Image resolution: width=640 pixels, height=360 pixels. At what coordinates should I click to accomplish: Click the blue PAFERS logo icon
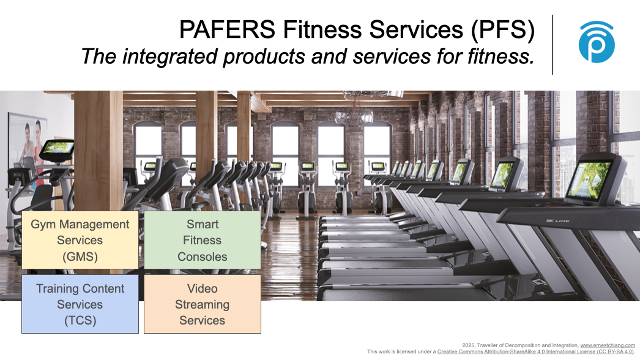coord(597,42)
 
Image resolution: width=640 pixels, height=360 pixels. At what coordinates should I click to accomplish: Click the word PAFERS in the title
coord(228,29)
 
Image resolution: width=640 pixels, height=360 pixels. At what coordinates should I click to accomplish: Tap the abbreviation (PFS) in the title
coord(502,30)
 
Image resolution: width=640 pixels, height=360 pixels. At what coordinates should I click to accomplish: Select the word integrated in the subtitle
coord(172,56)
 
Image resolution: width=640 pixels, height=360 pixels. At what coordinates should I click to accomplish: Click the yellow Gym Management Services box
coord(80,240)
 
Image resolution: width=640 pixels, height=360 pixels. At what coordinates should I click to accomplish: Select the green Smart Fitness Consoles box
coord(203,240)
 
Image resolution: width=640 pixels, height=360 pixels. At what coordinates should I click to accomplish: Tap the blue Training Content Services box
coord(80,304)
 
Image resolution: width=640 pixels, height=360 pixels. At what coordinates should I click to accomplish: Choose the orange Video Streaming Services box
coord(203,304)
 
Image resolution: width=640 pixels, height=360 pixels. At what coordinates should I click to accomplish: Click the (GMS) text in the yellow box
coord(80,257)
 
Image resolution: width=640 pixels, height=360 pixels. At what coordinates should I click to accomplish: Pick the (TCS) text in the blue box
coord(80,320)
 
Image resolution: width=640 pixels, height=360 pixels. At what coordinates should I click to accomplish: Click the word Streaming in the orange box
coord(203,305)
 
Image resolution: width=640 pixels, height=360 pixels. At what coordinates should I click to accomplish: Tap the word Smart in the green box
coord(203,224)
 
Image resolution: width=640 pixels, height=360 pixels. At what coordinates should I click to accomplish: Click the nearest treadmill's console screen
coord(589,180)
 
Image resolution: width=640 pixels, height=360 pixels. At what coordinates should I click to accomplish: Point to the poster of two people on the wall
coord(28,146)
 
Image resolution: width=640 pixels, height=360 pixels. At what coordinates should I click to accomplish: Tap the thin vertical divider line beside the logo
coord(553,45)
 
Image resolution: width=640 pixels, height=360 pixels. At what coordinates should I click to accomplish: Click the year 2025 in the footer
coord(467,345)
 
